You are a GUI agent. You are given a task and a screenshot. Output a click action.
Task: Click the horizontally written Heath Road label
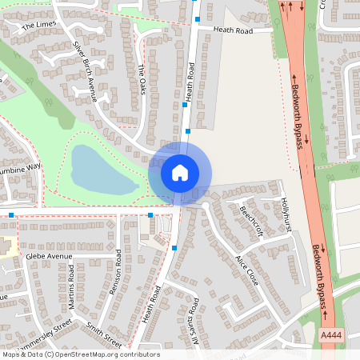coord(232,30)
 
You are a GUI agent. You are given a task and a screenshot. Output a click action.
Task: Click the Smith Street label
coord(105,332)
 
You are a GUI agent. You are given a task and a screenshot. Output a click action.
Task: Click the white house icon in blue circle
coord(180,172)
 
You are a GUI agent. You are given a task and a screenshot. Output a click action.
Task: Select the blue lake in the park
coord(101,170)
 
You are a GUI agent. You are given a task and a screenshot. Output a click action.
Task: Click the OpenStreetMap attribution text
coord(80,354)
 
